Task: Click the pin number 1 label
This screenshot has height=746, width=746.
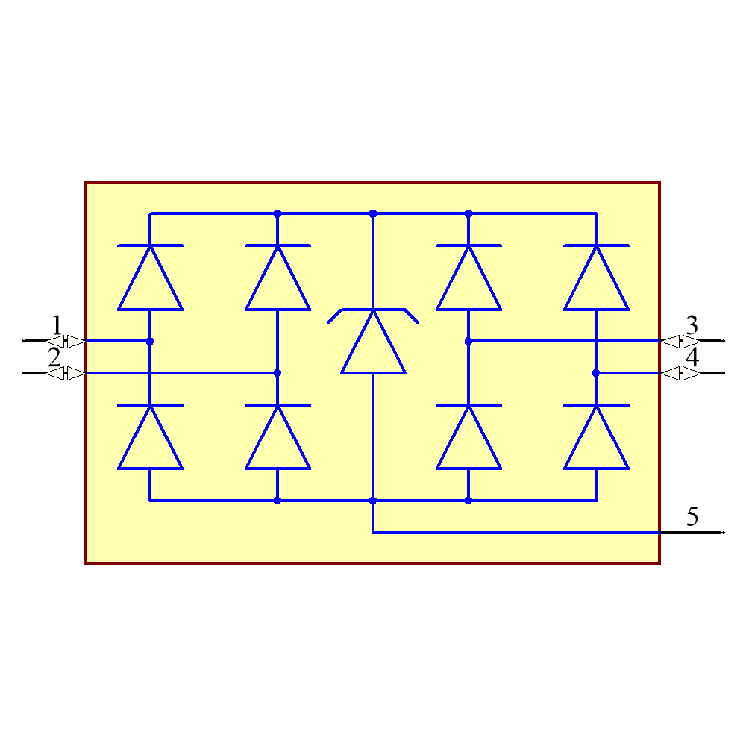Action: pos(57,325)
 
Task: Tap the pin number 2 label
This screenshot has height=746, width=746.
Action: pos(54,357)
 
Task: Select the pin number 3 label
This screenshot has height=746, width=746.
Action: pos(692,325)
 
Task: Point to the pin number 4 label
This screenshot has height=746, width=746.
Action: pos(692,357)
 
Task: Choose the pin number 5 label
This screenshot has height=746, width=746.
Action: pos(692,515)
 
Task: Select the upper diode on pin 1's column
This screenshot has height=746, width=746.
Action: pos(150,278)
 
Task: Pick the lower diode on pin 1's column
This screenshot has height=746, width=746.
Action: pos(150,437)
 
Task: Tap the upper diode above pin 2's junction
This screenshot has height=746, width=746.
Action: pos(278,278)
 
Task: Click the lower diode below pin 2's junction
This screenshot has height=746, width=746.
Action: pos(278,437)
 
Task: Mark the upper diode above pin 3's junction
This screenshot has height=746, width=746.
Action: pos(468,278)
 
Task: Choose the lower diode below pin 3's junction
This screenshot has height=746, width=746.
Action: pos(468,437)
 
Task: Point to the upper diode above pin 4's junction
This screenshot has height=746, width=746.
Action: pos(596,278)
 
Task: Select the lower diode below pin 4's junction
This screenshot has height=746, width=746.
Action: pos(596,437)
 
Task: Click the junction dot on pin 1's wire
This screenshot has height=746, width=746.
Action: pos(150,341)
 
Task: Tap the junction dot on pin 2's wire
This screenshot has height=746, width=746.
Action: pos(278,373)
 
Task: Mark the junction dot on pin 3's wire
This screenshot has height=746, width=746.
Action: pos(468,341)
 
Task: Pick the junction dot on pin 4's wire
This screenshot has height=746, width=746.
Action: pos(596,373)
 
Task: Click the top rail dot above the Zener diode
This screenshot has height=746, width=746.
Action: pos(373,213)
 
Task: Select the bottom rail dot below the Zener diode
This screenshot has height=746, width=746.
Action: pos(373,501)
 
